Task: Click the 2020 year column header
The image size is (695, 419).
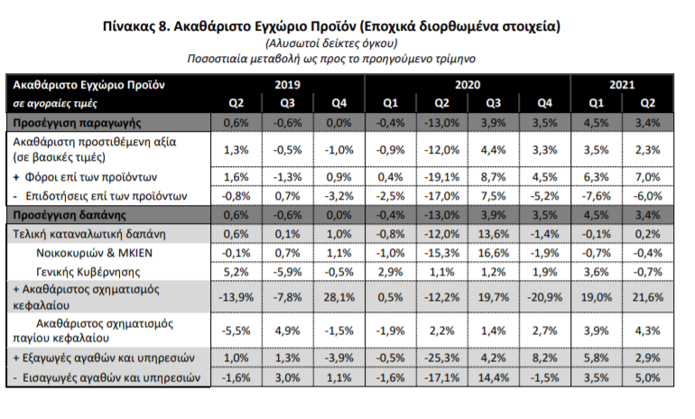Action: click(467, 84)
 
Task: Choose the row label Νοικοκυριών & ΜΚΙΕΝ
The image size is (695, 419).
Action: click(98, 252)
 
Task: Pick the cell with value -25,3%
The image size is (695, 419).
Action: click(442, 358)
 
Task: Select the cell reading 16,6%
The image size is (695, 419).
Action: click(493, 252)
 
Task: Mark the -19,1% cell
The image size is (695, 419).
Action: click(442, 177)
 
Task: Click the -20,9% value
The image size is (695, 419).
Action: click(544, 297)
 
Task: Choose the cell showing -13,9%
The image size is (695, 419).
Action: click(235, 297)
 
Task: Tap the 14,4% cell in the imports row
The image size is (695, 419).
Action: click(493, 377)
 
